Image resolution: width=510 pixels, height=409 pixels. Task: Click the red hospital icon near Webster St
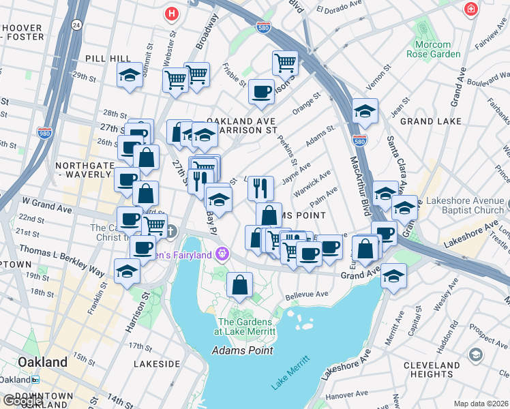[x=172, y=13]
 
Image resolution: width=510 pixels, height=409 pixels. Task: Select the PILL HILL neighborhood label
[x=103, y=59]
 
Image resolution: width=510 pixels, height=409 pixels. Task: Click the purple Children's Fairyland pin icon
[x=222, y=254]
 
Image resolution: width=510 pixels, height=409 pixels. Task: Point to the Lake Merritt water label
[x=290, y=373]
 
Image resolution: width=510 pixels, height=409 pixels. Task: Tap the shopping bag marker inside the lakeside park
[x=239, y=285]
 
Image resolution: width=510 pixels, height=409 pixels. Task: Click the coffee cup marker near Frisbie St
[x=260, y=91]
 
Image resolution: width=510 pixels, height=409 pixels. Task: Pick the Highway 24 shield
[x=76, y=25]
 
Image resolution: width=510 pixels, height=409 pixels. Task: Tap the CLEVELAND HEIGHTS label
[x=450, y=369]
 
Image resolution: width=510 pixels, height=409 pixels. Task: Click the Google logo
[x=22, y=401]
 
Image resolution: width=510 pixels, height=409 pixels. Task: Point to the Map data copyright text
[x=481, y=404]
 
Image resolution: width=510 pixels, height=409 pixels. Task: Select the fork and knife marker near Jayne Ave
[x=260, y=187]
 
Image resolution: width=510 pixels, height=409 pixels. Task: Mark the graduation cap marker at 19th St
[x=127, y=271]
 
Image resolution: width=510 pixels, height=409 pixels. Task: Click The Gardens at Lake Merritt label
[x=246, y=327]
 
